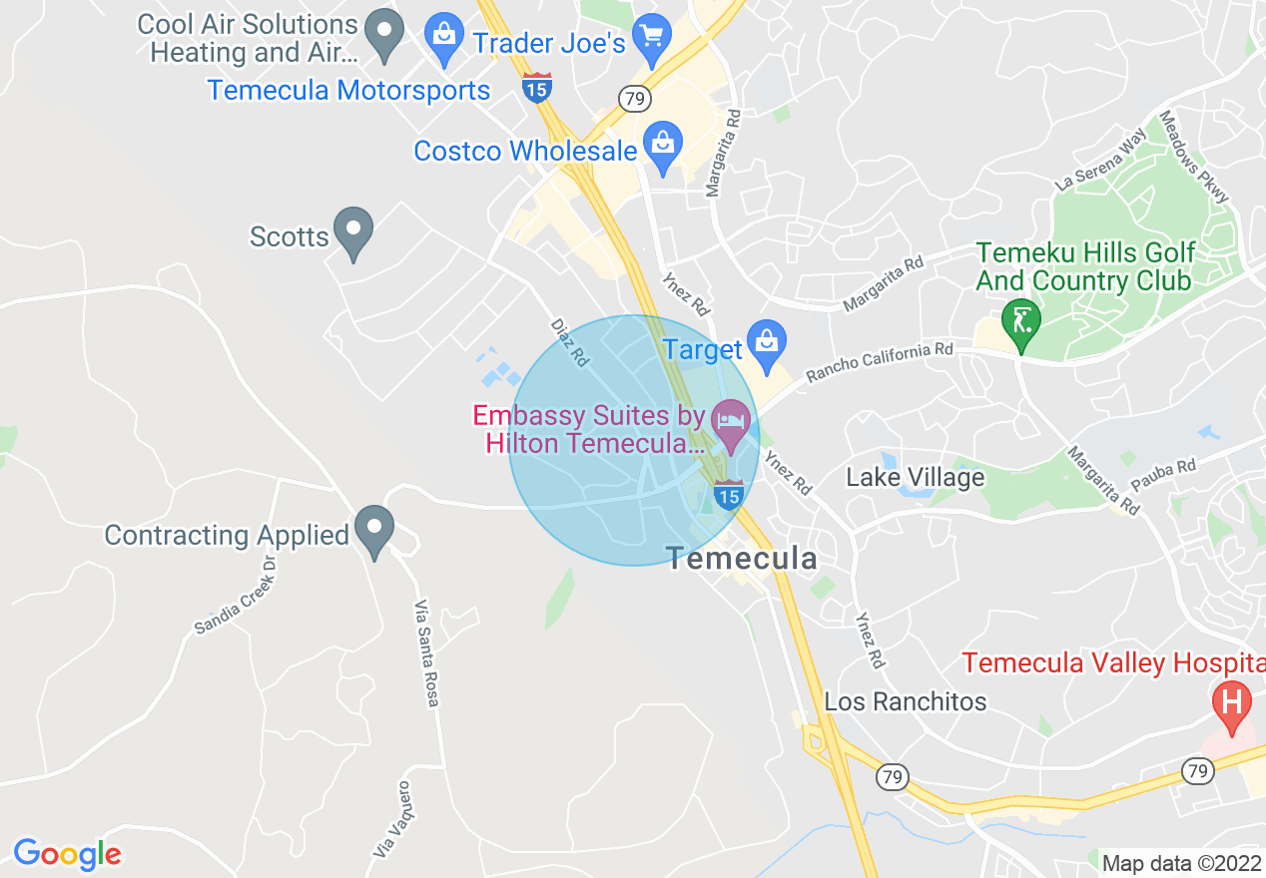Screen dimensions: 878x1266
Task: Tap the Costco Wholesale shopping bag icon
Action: click(663, 146)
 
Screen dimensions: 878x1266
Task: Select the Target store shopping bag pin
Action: click(766, 344)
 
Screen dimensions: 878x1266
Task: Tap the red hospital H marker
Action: click(1231, 702)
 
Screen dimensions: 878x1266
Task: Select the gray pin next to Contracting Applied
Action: click(374, 530)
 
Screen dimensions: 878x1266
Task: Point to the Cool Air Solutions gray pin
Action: click(383, 34)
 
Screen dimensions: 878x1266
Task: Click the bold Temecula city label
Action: click(742, 559)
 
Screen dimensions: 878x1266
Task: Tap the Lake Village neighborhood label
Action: click(916, 478)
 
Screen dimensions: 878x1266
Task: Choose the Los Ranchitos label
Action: click(906, 701)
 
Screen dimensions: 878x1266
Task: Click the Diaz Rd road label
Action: click(569, 341)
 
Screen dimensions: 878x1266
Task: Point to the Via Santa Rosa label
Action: click(426, 654)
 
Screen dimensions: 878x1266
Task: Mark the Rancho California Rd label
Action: click(880, 362)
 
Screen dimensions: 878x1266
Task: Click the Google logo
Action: click(67, 854)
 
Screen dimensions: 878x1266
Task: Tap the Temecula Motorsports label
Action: click(348, 90)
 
